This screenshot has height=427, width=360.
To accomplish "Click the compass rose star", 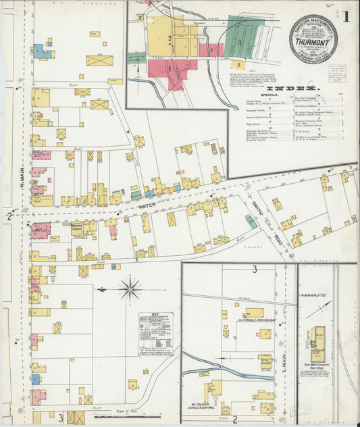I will click(x=130, y=289).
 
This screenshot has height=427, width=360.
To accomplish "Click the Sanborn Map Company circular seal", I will click(x=313, y=39).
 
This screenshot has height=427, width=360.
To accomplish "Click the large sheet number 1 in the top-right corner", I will click(x=345, y=17).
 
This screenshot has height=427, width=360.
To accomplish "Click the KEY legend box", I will click(x=155, y=332).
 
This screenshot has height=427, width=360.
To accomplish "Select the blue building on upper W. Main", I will click(x=41, y=51).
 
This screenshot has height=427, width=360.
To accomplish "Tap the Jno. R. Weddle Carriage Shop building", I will click(x=254, y=313).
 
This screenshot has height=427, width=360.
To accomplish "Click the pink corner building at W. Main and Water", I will click(x=40, y=230).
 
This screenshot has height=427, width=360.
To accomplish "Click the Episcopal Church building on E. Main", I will click(x=265, y=361).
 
